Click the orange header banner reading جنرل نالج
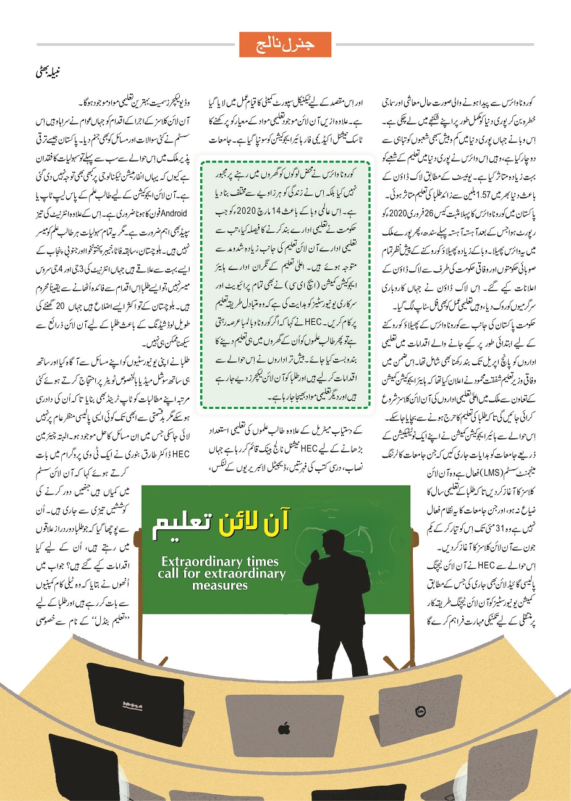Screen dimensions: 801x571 point(285,44)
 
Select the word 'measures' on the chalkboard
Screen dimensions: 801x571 point(219,584)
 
